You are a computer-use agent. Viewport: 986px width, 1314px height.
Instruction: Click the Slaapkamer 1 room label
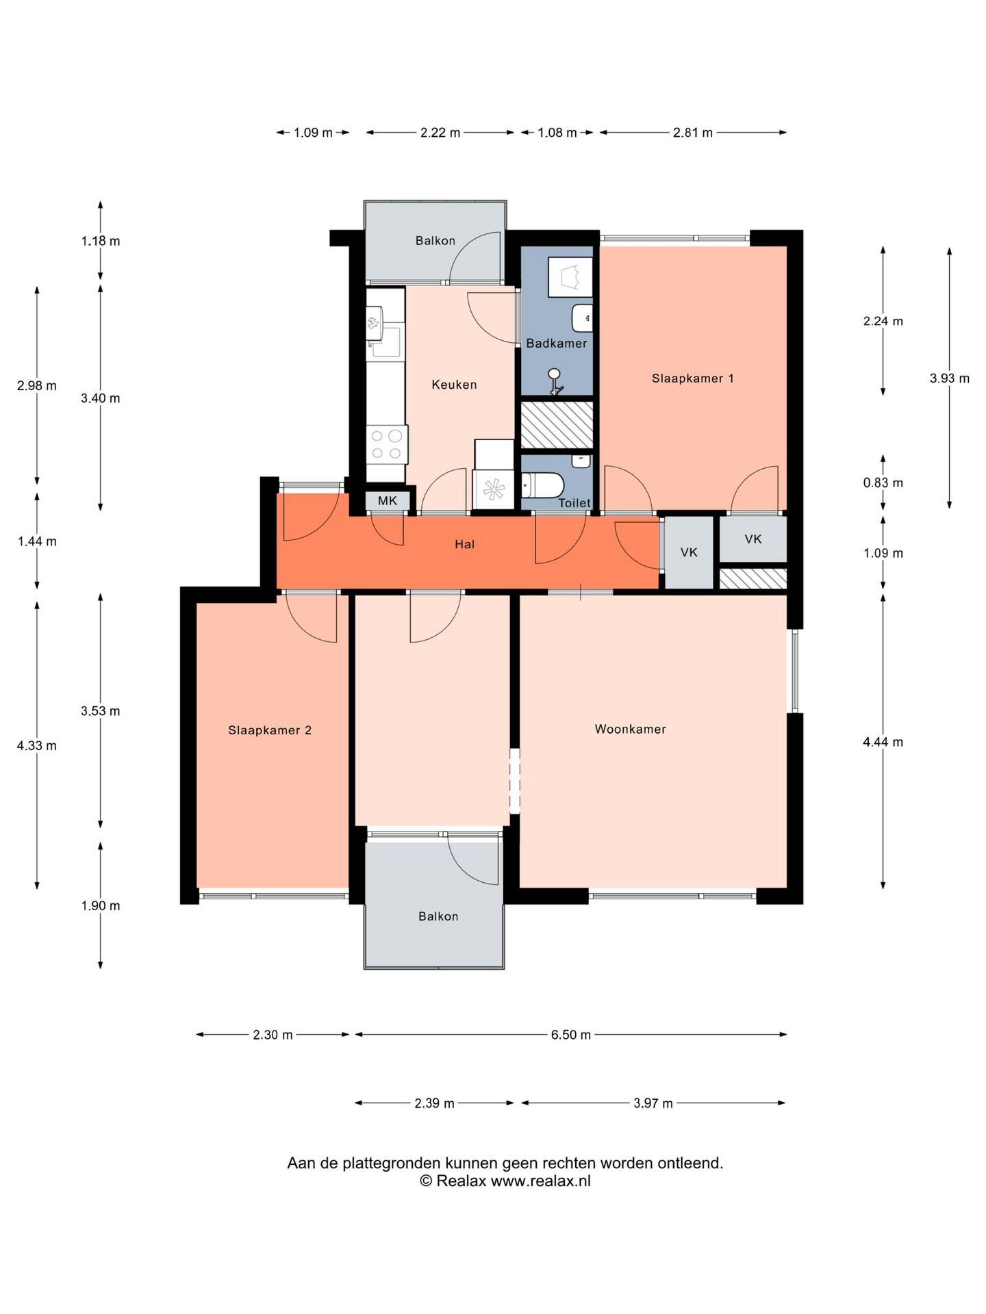(x=692, y=378)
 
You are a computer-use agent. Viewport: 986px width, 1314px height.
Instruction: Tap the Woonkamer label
(x=630, y=730)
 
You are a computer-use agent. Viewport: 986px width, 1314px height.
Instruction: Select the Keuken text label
(x=454, y=385)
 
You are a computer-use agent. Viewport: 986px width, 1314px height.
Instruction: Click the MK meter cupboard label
(x=388, y=501)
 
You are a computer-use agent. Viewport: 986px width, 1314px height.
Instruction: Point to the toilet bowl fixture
(x=544, y=486)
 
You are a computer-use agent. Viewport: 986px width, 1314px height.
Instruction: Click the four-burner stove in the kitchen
(x=387, y=443)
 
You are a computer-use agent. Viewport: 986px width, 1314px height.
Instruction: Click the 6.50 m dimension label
(x=570, y=1035)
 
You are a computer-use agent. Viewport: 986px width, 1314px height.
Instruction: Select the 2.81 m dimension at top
(x=692, y=133)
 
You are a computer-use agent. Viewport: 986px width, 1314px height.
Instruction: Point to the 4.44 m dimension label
(x=883, y=742)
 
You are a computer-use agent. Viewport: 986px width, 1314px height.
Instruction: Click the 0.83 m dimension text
(x=883, y=482)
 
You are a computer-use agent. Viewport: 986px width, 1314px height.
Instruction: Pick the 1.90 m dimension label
(x=100, y=906)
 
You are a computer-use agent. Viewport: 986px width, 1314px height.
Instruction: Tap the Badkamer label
(x=556, y=344)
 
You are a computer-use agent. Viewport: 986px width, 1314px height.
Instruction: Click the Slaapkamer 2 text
(x=270, y=730)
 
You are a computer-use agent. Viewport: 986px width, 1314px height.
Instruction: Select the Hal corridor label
(x=464, y=545)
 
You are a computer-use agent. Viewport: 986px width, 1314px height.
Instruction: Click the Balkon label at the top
(x=435, y=241)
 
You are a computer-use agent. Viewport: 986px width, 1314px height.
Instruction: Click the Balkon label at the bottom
(x=438, y=916)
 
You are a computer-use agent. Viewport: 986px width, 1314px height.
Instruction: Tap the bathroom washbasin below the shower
(x=581, y=318)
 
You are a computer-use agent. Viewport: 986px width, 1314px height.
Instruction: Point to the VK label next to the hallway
(x=689, y=552)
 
